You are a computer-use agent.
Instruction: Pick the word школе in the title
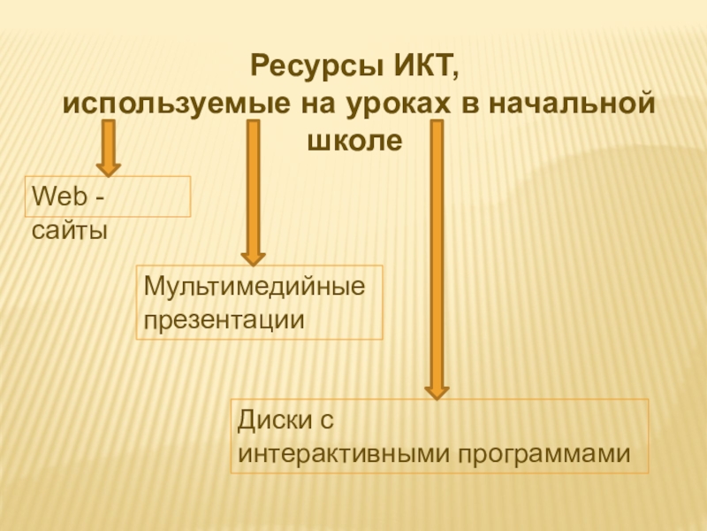coord(353,139)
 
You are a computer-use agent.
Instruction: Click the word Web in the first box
coord(55,196)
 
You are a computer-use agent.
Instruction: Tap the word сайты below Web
coord(69,233)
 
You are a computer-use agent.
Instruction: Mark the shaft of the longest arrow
coord(436,248)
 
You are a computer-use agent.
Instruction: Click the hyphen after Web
coord(96,196)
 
